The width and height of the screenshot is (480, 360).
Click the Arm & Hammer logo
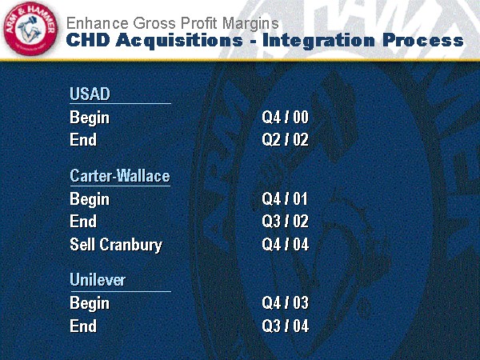click(30, 29)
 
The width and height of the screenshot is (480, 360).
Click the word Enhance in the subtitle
click(97, 23)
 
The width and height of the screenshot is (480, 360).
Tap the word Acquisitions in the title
click(179, 41)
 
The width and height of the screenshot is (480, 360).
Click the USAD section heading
click(90, 94)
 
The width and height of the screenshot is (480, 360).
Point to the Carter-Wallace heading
click(120, 176)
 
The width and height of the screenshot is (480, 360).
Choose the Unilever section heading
click(98, 280)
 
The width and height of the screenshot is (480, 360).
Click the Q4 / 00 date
click(286, 118)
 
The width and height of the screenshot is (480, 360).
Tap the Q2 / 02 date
click(286, 139)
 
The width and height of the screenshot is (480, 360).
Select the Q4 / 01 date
click(285, 199)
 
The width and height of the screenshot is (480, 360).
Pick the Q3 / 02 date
click(286, 221)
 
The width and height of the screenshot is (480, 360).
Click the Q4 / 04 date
click(286, 244)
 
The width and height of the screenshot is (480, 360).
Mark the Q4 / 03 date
click(286, 302)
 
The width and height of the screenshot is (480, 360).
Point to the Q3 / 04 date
click(286, 326)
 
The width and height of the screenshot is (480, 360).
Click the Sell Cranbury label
click(116, 245)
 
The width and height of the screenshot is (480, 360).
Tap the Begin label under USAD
click(90, 118)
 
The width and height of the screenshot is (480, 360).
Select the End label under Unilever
click(83, 326)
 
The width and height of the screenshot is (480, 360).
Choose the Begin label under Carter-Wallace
click(90, 200)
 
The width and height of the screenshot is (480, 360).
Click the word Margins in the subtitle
click(250, 24)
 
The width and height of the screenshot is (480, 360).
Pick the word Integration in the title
click(318, 41)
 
